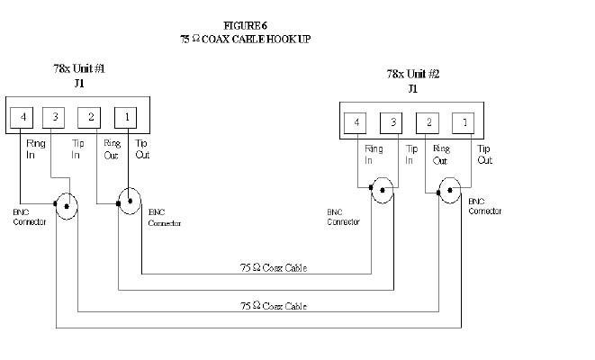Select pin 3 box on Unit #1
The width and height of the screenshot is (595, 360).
(55, 117)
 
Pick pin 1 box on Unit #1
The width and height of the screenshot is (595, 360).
(126, 117)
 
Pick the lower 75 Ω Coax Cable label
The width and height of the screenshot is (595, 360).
(275, 306)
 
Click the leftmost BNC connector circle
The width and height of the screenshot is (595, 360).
(66, 204)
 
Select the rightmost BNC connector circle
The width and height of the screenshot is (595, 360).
(450, 190)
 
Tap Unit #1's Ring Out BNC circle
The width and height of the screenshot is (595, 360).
(129, 200)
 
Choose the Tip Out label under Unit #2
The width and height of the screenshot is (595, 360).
(484, 154)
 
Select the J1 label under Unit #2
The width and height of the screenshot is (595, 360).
(413, 89)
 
